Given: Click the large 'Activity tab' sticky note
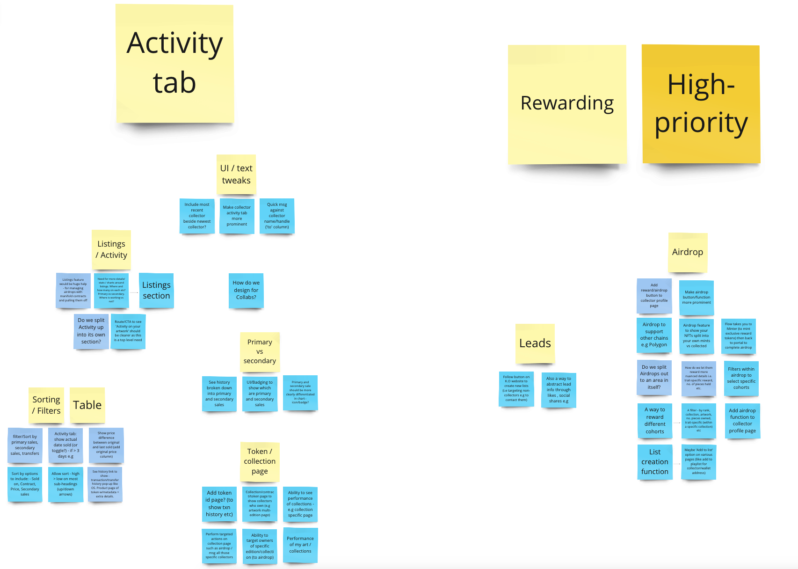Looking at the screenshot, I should (174, 64).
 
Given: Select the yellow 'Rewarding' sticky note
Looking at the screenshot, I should (567, 104).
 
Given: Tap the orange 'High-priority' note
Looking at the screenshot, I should (701, 104).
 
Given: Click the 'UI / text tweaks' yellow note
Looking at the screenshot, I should (236, 174).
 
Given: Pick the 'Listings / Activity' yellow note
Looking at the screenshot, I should (111, 249).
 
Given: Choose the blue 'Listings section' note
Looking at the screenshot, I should (156, 291).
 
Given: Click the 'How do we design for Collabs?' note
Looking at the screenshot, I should (246, 290).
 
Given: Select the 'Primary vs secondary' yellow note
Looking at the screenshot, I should (260, 351).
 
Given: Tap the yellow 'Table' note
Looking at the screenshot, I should (87, 405).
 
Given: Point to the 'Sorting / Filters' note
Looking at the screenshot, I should (46, 405).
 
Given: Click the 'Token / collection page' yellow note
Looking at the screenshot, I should (260, 461).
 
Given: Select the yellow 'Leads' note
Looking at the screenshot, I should (535, 343).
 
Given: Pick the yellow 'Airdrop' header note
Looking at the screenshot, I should (688, 252).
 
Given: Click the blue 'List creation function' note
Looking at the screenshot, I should (655, 462).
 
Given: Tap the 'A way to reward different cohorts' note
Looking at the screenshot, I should (655, 420).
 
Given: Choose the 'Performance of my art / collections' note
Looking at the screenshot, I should (300, 545).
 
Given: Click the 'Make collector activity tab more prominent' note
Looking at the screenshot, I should (237, 216).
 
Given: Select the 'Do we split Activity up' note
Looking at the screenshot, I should (91, 331).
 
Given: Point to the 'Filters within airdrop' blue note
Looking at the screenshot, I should (741, 378).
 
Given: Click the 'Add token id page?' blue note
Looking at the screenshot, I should (219, 503).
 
